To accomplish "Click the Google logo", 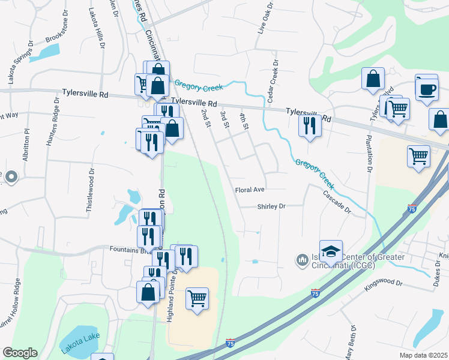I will pyautogui.click(x=20, y=353).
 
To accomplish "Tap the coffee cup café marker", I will pyautogui.click(x=427, y=90).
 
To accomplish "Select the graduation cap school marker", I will pyautogui.click(x=331, y=251).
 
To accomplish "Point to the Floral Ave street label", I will pyautogui.click(x=250, y=190).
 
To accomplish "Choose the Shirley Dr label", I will pyautogui.click(x=271, y=206).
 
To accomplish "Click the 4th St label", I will pyautogui.click(x=244, y=121).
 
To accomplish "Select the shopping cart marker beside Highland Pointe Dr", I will pyautogui.click(x=197, y=298).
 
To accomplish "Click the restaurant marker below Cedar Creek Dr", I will pyautogui.click(x=309, y=125).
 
